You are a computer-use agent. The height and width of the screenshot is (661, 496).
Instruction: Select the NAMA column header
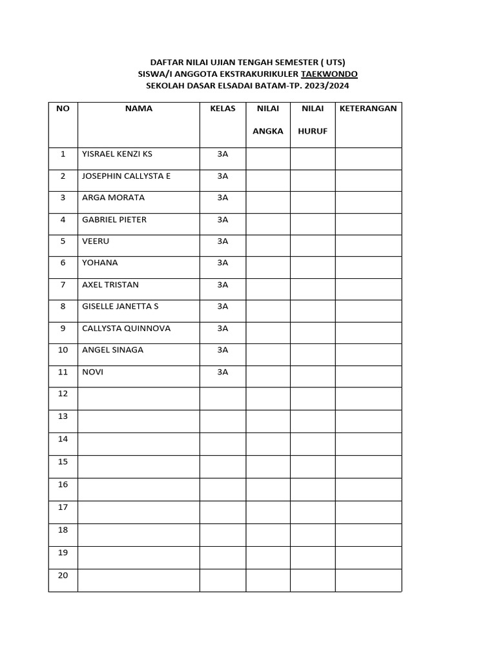tap(139, 108)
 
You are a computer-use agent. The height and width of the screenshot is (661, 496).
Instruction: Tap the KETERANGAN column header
tap(368, 108)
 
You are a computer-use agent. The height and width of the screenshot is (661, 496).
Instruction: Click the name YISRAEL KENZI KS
tap(118, 154)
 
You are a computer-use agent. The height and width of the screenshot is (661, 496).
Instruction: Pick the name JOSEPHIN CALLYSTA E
tap(127, 176)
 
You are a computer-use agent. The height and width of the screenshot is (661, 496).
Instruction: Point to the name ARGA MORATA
tap(114, 198)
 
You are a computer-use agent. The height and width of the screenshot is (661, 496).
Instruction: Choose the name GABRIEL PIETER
tap(114, 219)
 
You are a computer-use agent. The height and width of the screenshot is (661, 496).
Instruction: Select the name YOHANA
tap(100, 263)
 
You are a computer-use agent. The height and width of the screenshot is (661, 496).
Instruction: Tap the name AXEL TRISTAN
tap(110, 285)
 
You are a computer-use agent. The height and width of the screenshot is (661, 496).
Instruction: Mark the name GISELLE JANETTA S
tap(120, 307)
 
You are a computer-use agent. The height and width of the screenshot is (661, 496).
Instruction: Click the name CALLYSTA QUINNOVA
tap(127, 329)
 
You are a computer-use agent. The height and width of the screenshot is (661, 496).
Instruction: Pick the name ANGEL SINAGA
tap(113, 350)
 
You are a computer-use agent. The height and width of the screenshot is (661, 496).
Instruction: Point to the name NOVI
tap(93, 372)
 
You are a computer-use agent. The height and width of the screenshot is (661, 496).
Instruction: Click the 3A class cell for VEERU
tap(223, 241)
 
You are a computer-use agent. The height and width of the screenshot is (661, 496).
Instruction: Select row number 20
tap(63, 575)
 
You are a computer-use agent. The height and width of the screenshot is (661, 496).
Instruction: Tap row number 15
tap(63, 462)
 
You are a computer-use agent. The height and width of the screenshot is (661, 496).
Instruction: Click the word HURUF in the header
tap(313, 131)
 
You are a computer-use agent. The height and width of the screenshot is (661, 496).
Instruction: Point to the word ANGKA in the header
tap(268, 131)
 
